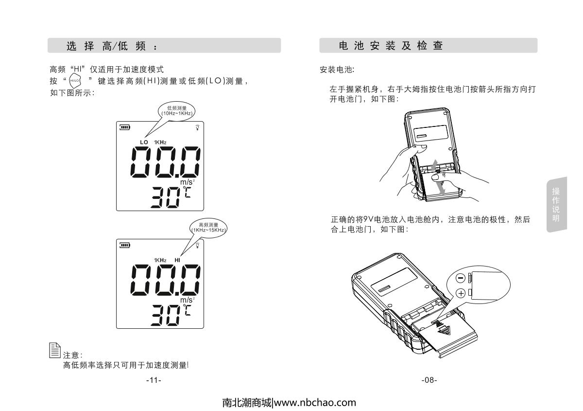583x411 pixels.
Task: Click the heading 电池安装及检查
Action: click(391, 46)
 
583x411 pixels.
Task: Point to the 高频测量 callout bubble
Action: click(208, 227)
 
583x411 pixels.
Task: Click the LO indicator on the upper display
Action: click(144, 142)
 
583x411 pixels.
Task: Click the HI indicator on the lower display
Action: click(177, 260)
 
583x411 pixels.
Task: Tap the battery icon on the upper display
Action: click(125, 127)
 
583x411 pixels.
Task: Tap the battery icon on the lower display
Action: click(125, 245)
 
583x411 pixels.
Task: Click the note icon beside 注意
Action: click(55, 350)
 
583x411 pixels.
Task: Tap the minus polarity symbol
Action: click(461, 278)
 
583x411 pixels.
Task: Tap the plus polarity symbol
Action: click(461, 292)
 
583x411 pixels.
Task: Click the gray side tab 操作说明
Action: click(556, 204)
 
